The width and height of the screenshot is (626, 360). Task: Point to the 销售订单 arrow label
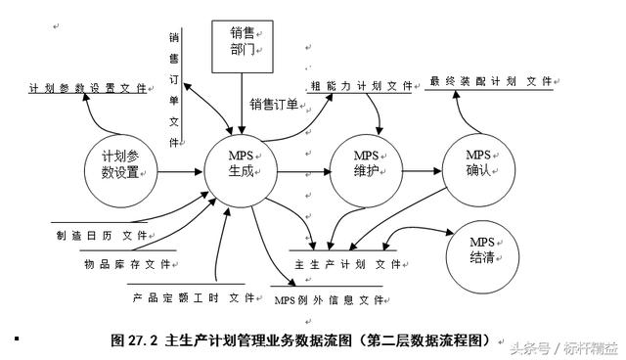273,105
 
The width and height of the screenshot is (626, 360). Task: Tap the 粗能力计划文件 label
361,86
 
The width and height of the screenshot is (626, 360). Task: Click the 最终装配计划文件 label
490,82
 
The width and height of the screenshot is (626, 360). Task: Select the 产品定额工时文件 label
186,295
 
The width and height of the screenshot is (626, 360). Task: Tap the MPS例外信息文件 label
328,299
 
